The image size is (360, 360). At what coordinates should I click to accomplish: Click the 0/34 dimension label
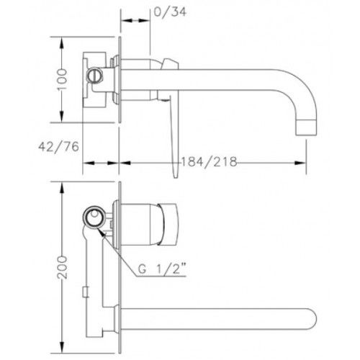(170, 12)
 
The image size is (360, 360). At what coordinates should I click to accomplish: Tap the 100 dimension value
(62, 79)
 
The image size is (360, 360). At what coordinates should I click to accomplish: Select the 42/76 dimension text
(58, 147)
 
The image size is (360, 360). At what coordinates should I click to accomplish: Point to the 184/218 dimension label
(209, 162)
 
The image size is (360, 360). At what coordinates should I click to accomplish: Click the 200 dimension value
(62, 267)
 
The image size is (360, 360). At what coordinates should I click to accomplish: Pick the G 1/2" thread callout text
(162, 269)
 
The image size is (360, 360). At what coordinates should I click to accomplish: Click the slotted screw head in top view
(95, 76)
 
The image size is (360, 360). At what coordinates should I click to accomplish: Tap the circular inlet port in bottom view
(94, 217)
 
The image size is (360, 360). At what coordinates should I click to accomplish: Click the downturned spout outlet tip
(306, 127)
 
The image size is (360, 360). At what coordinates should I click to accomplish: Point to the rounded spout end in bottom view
(312, 319)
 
